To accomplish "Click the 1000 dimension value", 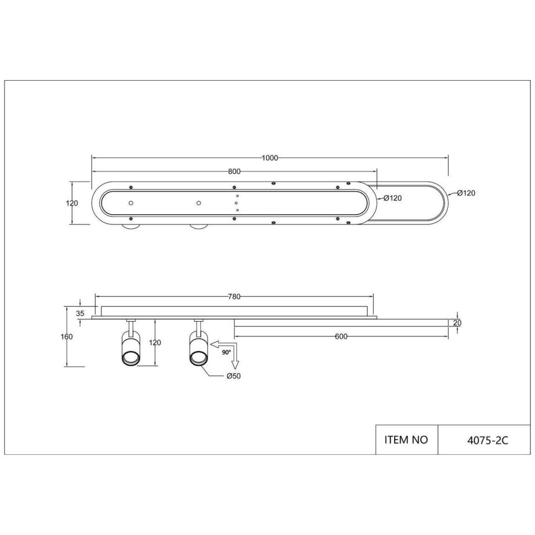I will click(x=270, y=158).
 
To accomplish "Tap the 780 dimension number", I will click(x=235, y=296).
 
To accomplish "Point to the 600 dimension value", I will click(x=341, y=337).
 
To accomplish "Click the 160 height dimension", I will click(x=67, y=337).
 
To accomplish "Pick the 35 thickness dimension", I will click(x=80, y=313).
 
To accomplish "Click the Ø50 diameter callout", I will click(x=234, y=376).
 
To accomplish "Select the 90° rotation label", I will click(x=226, y=352).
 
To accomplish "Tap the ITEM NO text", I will click(x=406, y=440).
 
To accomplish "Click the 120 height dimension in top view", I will click(x=72, y=203).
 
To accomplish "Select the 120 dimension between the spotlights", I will click(x=155, y=342).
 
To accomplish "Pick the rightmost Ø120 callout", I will click(x=466, y=193).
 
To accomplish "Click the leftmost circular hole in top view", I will click(x=131, y=203).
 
